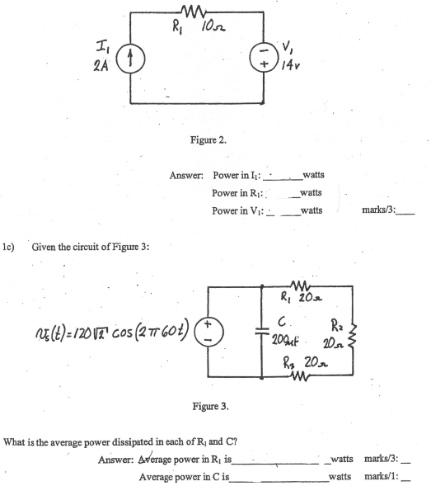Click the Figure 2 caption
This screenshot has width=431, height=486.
pos(208,139)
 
